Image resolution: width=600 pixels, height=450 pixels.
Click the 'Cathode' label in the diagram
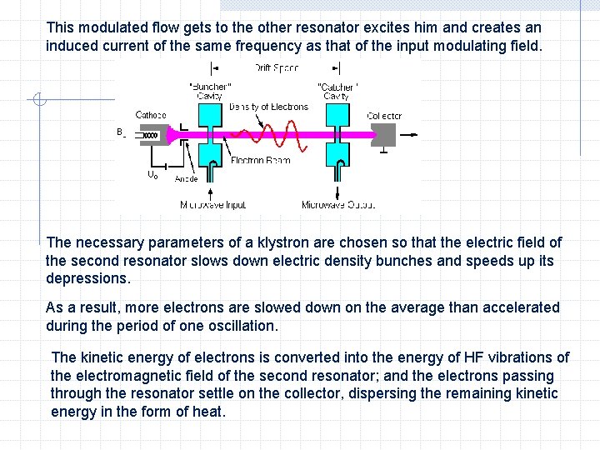pyautogui.click(x=151, y=115)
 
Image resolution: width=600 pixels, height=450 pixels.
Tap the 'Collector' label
pyautogui.click(x=384, y=116)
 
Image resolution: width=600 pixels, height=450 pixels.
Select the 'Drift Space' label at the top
pyautogui.click(x=275, y=67)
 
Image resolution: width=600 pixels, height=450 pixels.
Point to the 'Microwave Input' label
pyautogui.click(x=213, y=204)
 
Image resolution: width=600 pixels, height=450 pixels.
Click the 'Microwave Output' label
pyautogui.click(x=338, y=204)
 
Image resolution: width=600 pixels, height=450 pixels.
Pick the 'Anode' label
pyautogui.click(x=185, y=178)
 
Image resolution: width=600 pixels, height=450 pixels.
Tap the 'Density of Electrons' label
pyautogui.click(x=268, y=107)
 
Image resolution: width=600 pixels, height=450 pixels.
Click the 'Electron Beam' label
pyautogui.click(x=260, y=160)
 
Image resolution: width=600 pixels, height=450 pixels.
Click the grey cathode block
pyautogui.click(x=150, y=134)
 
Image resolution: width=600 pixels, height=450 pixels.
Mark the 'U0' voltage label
pyautogui.click(x=152, y=175)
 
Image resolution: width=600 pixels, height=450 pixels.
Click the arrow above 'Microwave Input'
pyautogui.click(x=211, y=179)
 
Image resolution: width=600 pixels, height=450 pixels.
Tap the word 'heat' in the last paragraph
pyautogui.click(x=209, y=411)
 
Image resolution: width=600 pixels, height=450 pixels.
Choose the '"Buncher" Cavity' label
pyautogui.click(x=210, y=91)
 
